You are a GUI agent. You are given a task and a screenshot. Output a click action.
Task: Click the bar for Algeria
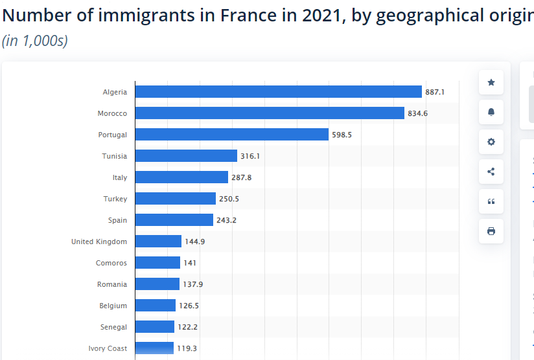tap(279, 92)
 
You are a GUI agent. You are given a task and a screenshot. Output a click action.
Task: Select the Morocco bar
tap(270, 113)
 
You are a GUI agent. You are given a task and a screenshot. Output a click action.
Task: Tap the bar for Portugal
tap(232, 135)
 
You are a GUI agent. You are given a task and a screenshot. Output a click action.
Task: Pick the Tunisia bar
tap(186, 156)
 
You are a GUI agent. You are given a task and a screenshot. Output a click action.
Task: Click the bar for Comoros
tap(157, 263)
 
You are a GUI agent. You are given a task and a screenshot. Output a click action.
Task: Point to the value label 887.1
tap(435, 92)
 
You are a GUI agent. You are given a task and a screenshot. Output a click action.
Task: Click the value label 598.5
tap(342, 135)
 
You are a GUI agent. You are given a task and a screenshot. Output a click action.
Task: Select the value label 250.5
tap(229, 199)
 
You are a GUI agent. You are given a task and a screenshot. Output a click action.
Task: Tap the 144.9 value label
tap(194, 242)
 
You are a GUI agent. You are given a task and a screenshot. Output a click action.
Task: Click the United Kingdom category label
tap(99, 242)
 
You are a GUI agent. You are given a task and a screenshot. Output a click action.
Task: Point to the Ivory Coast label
tap(108, 348)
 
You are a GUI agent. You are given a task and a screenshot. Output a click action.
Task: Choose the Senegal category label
tap(113, 327)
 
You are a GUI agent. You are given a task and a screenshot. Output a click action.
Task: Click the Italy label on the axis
tap(119, 177)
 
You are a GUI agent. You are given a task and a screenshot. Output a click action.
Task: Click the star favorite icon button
tap(491, 82)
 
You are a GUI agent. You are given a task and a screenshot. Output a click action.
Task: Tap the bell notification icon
tap(491, 112)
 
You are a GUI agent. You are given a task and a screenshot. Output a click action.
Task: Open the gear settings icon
tap(491, 142)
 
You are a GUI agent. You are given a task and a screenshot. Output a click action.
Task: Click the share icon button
tap(491, 172)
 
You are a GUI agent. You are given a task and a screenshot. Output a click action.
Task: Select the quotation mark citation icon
tap(491, 201)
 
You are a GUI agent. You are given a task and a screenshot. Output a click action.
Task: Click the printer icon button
tap(491, 231)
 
